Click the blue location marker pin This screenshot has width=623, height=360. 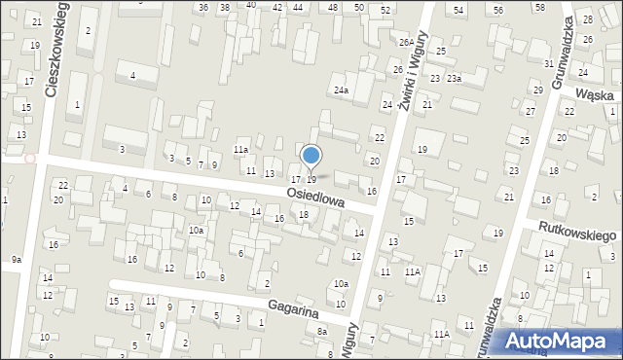click(311, 156)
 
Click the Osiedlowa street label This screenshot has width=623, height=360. click(316, 197)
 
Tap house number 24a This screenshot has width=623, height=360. click(341, 90)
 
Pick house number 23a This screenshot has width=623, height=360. click(454, 78)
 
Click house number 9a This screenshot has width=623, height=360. click(16, 260)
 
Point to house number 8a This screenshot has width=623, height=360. click(322, 332)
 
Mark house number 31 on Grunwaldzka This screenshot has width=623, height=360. click(549, 63)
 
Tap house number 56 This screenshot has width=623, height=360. click(498, 9)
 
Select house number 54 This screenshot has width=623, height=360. click(458, 9)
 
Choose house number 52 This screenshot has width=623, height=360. click(385, 9)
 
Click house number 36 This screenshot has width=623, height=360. click(202, 7)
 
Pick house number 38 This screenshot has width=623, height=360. click(225, 7)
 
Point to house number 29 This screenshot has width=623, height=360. click(537, 90)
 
